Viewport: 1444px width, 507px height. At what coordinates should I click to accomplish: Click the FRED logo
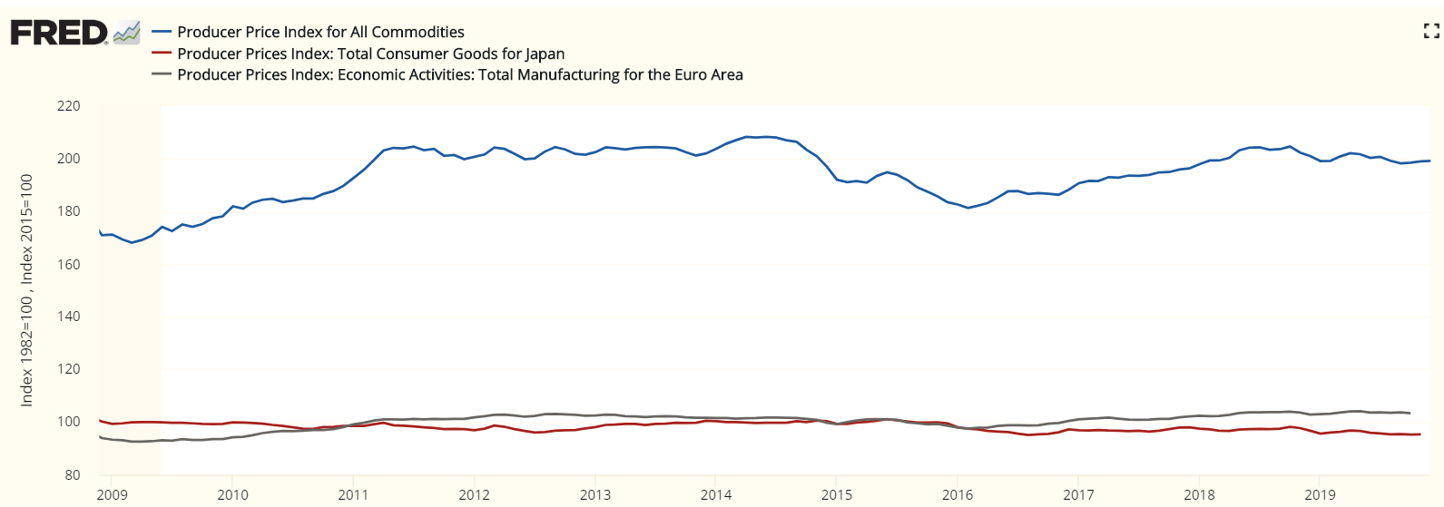[x=59, y=33]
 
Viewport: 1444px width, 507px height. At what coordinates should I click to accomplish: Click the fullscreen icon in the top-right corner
[x=1431, y=32]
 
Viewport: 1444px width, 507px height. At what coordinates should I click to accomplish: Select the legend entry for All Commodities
[x=320, y=32]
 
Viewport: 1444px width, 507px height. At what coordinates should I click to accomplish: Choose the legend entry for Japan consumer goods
[x=370, y=54]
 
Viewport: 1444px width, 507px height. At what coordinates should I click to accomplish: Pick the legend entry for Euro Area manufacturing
[x=459, y=74]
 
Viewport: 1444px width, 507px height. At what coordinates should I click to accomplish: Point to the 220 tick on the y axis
[x=68, y=106]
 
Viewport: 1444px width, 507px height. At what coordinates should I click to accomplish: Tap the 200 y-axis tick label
[x=68, y=159]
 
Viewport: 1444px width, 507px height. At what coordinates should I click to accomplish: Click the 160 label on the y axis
[x=68, y=265]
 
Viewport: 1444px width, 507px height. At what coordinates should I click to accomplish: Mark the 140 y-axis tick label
[x=68, y=317]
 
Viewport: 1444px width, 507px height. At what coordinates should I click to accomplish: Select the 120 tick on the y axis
[x=68, y=369]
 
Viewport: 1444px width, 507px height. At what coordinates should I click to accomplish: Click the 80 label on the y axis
[x=72, y=475]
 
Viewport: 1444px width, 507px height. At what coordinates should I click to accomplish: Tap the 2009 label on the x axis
[x=112, y=494]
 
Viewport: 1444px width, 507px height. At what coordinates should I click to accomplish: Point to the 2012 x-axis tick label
[x=474, y=494]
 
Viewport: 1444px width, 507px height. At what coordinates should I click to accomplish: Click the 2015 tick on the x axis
[x=837, y=494]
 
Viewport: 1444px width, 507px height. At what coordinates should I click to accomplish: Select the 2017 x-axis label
[x=1078, y=494]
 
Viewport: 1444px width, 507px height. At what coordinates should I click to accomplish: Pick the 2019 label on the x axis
[x=1320, y=494]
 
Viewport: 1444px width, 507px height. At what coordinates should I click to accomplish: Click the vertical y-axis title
[x=27, y=290]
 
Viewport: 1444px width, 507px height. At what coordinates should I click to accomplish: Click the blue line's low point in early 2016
[x=968, y=208]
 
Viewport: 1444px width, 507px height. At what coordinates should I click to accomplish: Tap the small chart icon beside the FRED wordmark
[x=127, y=33]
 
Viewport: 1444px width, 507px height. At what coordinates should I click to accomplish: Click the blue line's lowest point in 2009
[x=132, y=242]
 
